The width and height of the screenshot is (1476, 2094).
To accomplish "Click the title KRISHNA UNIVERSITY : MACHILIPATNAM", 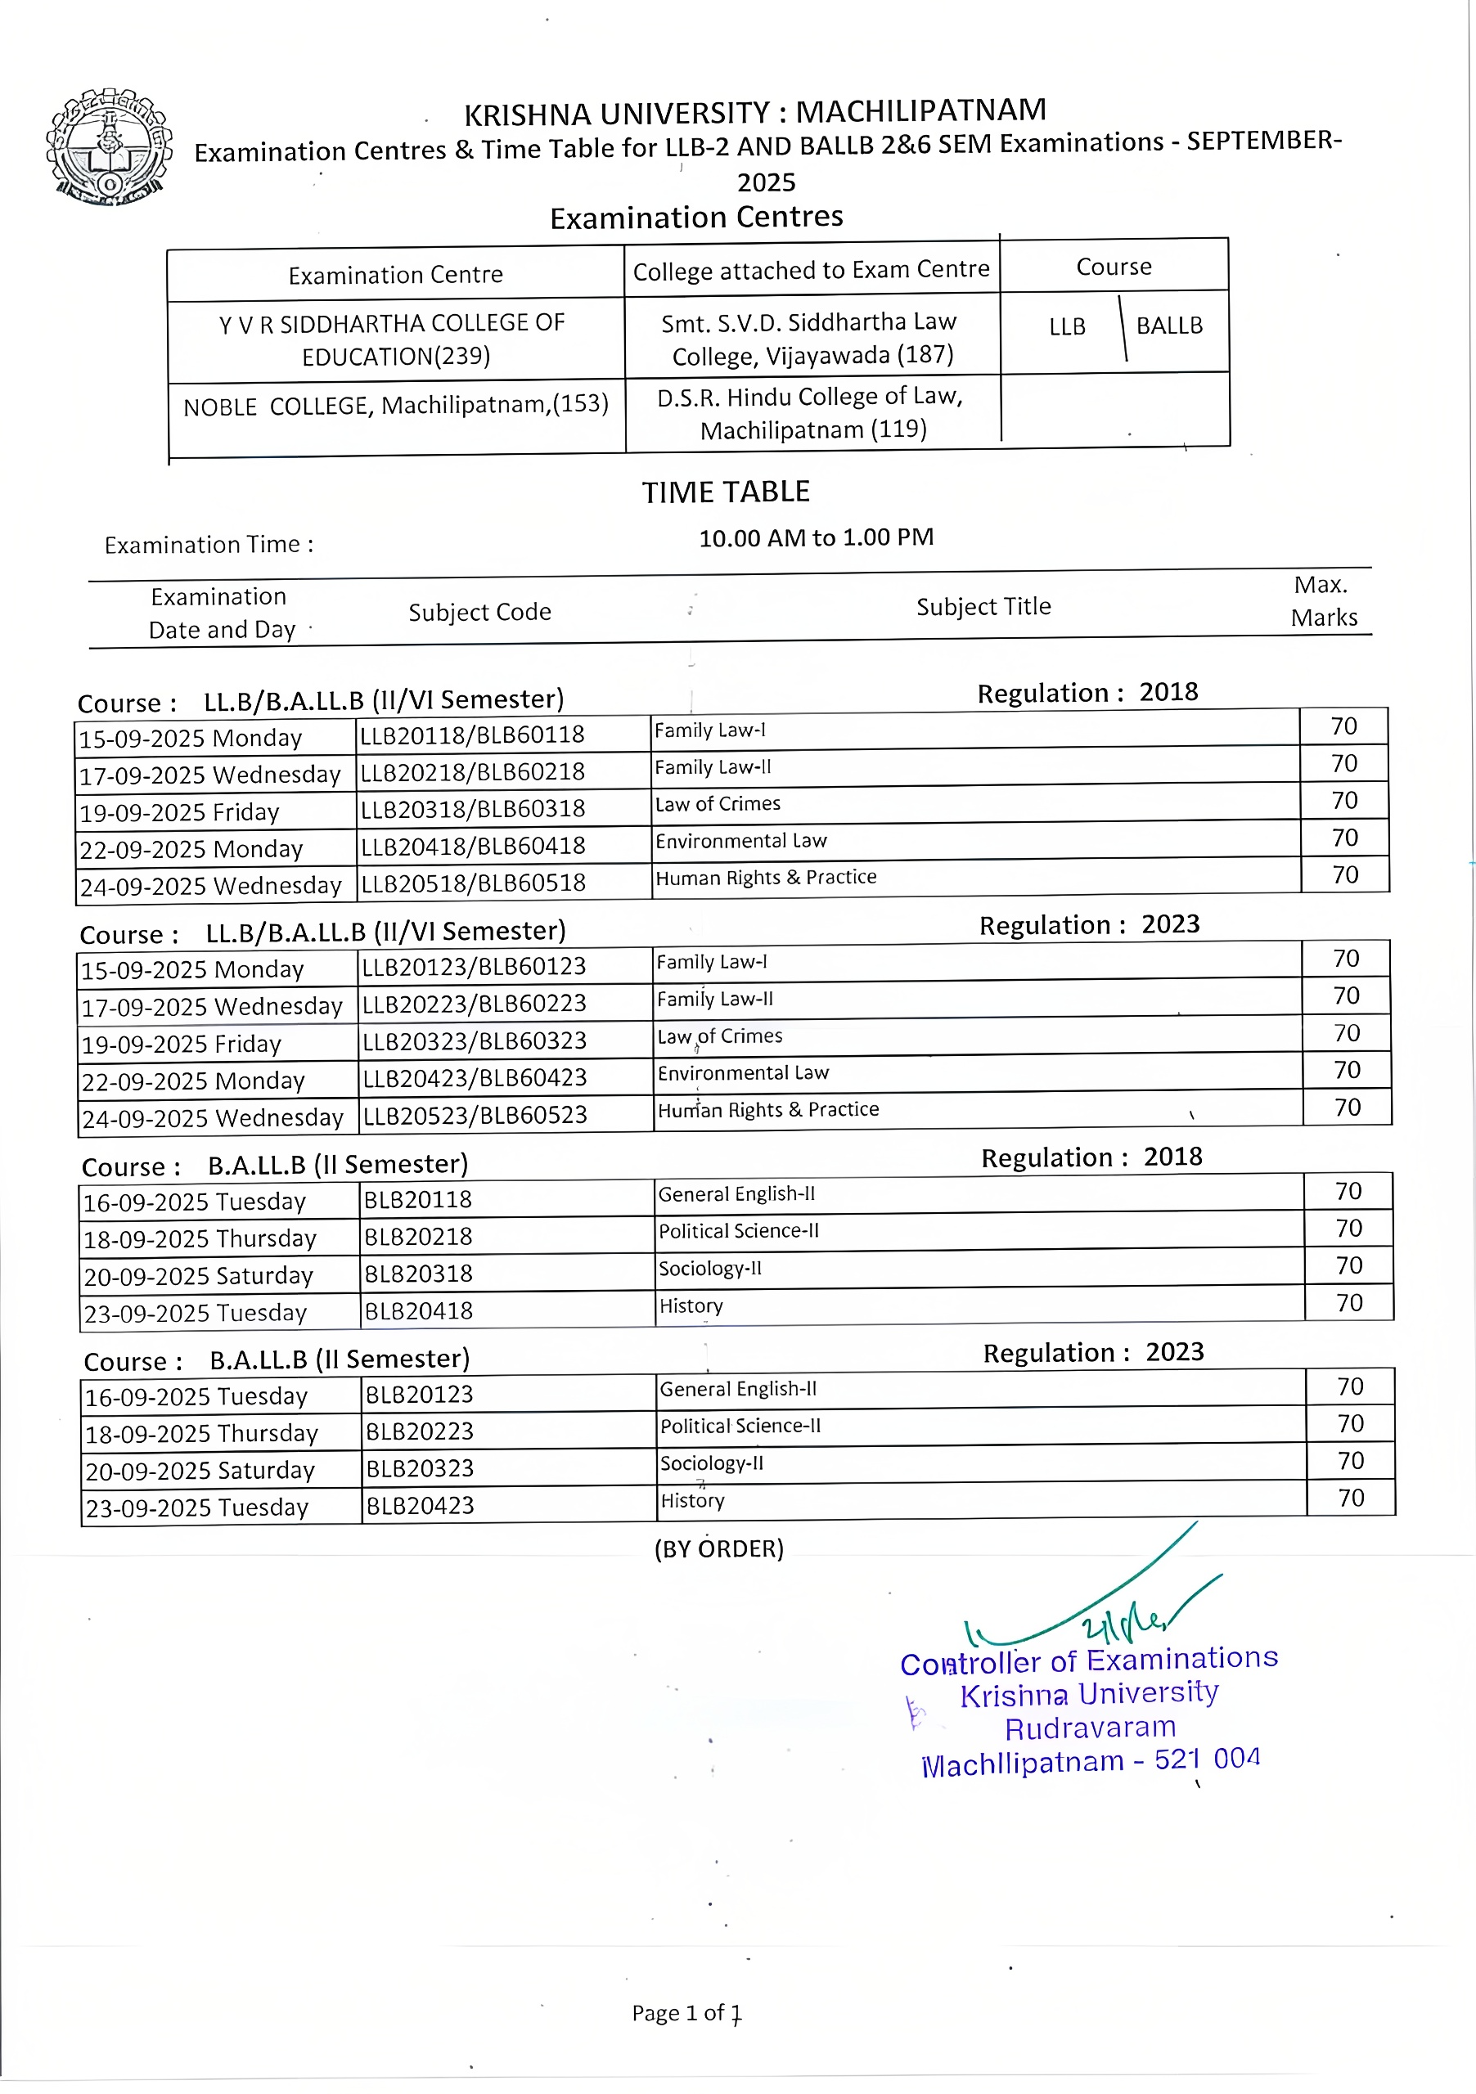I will [754, 112].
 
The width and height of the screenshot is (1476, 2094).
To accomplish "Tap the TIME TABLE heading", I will [725, 492].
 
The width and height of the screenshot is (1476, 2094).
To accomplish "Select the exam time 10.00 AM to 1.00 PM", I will [816, 537].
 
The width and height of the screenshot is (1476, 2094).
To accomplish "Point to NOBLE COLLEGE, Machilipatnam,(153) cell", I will [395, 405].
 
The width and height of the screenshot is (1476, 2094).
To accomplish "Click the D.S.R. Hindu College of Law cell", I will [811, 412].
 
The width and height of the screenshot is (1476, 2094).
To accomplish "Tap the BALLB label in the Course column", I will [1168, 326].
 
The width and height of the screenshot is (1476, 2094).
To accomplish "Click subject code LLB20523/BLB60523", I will [475, 1116].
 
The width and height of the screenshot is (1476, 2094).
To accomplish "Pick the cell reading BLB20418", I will [418, 1311].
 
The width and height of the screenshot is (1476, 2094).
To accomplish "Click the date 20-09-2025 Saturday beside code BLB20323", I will [200, 1471].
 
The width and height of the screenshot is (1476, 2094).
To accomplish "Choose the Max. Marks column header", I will [1323, 601].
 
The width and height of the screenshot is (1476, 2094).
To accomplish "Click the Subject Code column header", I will [479, 612].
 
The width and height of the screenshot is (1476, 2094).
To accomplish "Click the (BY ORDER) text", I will [719, 1549].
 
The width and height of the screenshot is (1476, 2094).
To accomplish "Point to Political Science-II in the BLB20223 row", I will [740, 1427].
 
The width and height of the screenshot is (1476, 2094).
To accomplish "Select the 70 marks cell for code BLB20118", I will [1348, 1191].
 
